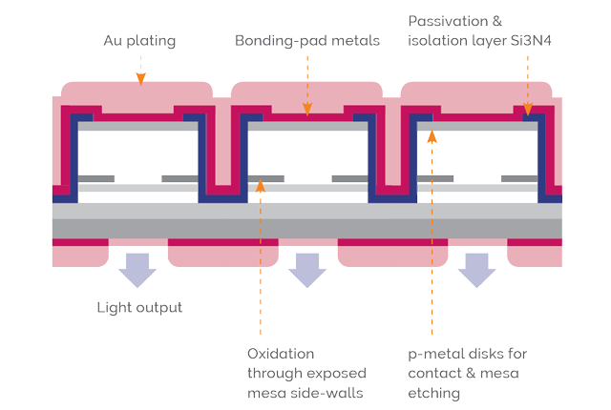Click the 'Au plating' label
139,42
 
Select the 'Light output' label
139,307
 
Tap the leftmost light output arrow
138,271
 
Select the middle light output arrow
307,271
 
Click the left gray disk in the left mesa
96,178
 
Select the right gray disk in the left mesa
181,178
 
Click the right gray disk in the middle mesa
350,178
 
